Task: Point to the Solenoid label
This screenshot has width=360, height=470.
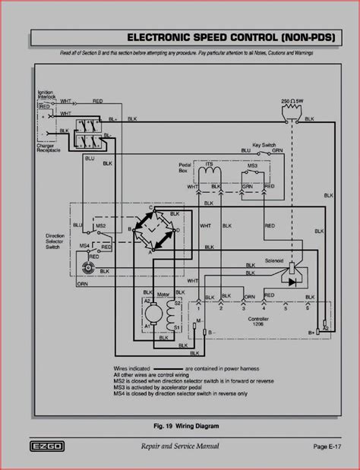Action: [295, 260]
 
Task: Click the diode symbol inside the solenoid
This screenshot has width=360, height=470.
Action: [292, 282]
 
